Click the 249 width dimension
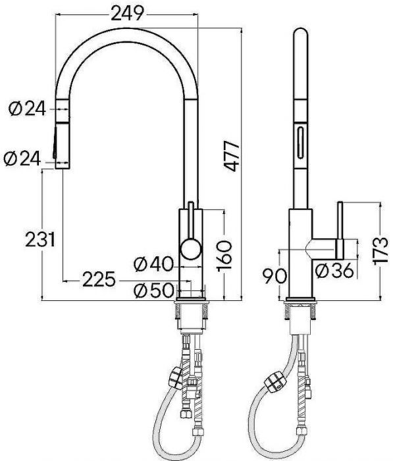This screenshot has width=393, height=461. tap(127, 13)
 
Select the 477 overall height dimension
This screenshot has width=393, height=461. tap(232, 156)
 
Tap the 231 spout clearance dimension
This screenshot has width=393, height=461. tap(40, 239)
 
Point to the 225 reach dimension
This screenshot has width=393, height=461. tap(99, 279)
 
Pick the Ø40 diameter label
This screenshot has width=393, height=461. tap(154, 263)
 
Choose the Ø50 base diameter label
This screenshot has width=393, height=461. tap(154, 291)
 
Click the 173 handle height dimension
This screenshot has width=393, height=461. tap(381, 250)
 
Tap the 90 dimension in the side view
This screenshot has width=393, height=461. tap(275, 277)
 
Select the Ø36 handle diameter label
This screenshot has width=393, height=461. tap(334, 271)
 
